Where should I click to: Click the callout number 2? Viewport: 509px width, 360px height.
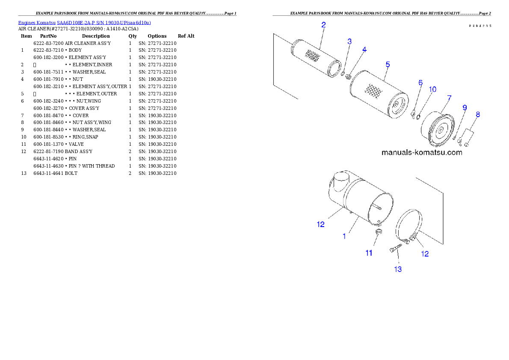[x=323, y=25]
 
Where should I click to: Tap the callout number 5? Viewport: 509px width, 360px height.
[x=388, y=65]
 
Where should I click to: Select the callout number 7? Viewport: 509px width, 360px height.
[x=449, y=98]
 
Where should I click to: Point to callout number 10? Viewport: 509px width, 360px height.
[x=432, y=89]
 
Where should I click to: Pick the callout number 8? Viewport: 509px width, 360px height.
[x=478, y=114]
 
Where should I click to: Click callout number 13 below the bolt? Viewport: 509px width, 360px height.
[x=398, y=269]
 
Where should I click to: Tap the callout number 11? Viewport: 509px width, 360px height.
[x=369, y=253]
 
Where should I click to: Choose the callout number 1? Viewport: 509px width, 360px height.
[x=344, y=236]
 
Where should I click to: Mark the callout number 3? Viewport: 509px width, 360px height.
[x=349, y=41]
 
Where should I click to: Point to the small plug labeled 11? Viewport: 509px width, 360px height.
[x=378, y=232]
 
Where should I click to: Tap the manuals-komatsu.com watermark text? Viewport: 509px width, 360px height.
[x=421, y=152]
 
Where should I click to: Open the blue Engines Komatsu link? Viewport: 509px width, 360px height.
[x=84, y=22]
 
